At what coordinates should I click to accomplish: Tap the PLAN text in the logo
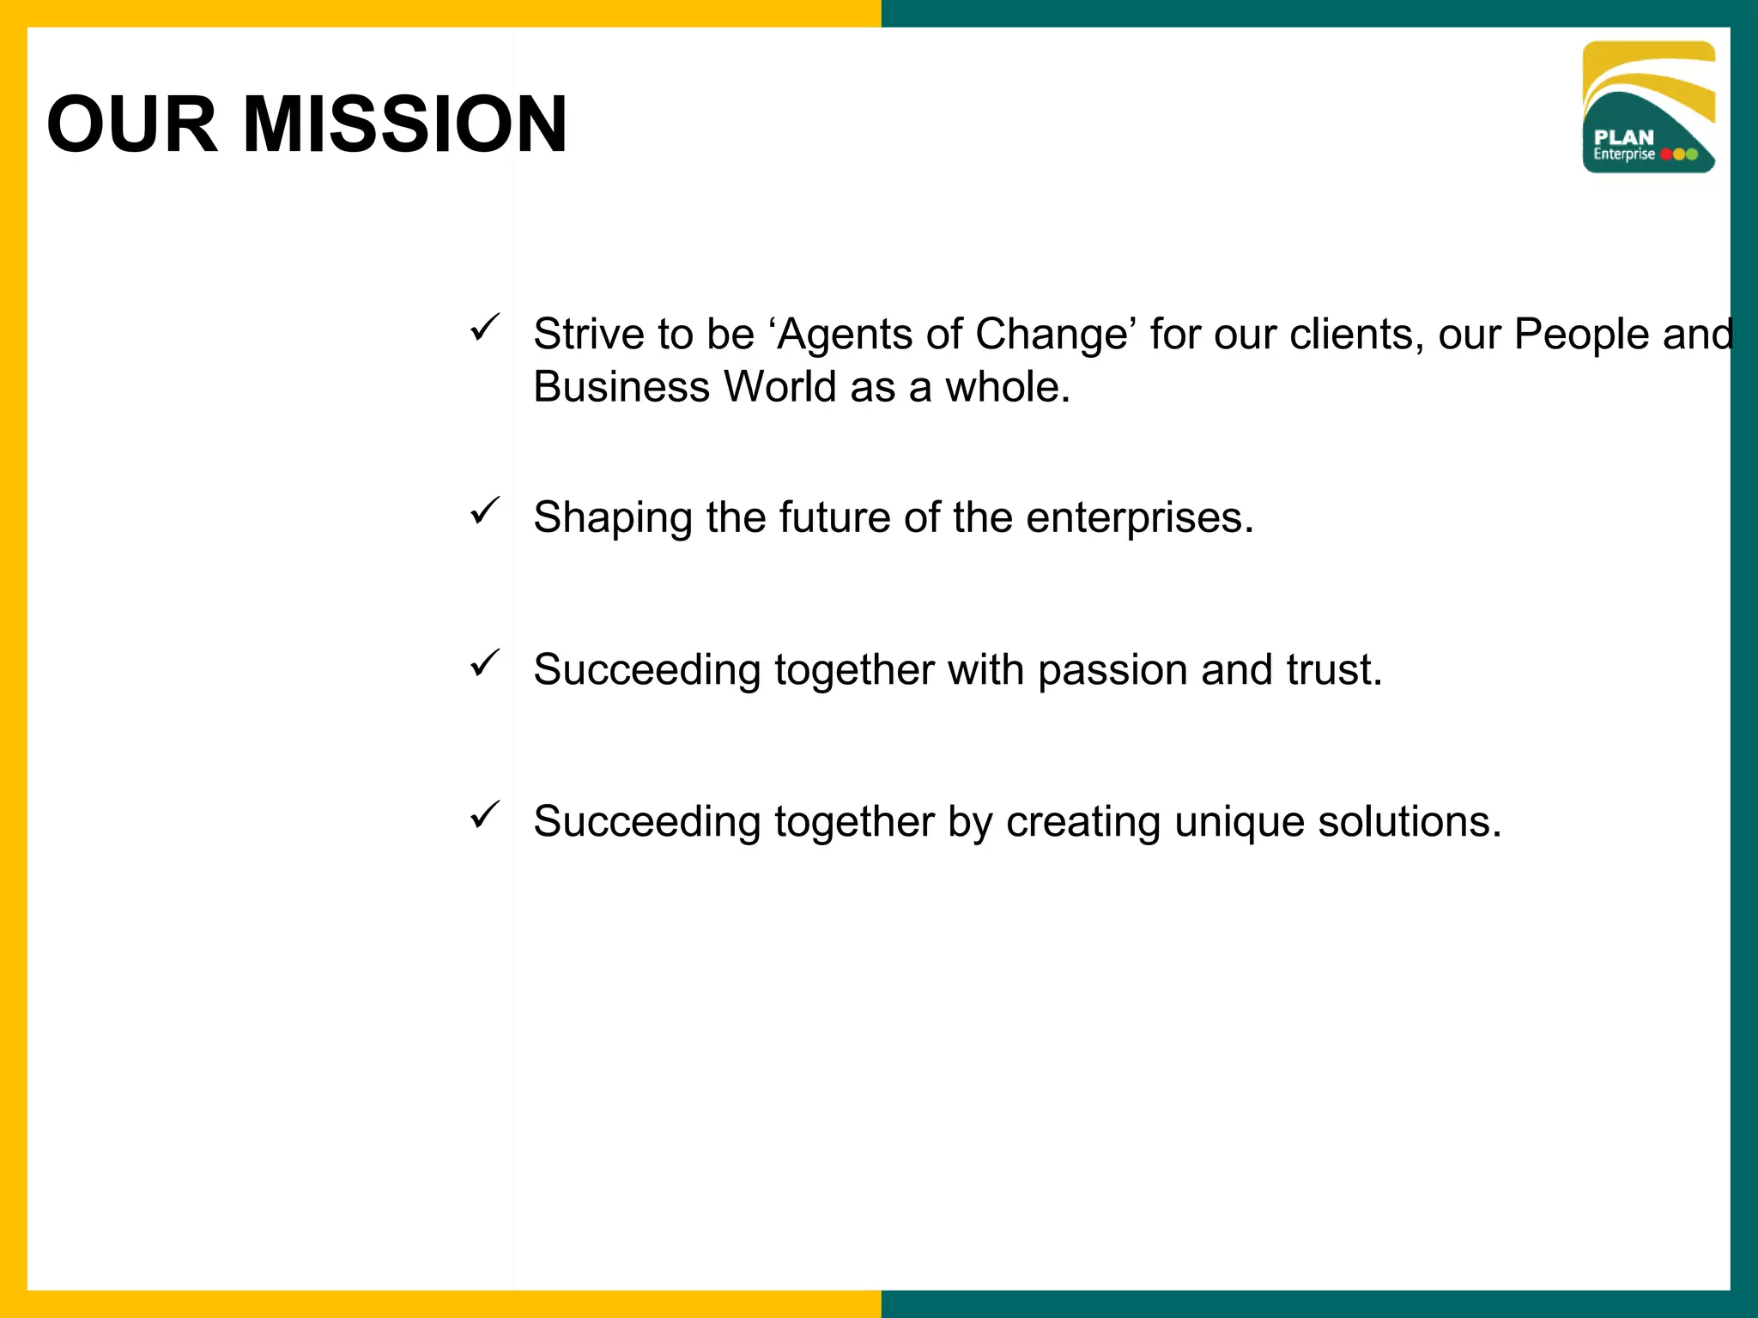[1623, 137]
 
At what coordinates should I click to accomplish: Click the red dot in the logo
[1667, 154]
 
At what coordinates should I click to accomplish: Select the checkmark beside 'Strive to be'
[485, 328]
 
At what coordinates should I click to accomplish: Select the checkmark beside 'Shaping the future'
[485, 511]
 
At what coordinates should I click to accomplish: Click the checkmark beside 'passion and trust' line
[485, 663]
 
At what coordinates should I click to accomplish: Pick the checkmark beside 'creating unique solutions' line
[485, 815]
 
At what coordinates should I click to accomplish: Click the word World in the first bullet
[779, 387]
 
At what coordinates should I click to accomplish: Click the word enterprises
[1139, 518]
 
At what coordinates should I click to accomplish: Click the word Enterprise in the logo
[1623, 154]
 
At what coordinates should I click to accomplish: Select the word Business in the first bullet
[621, 387]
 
